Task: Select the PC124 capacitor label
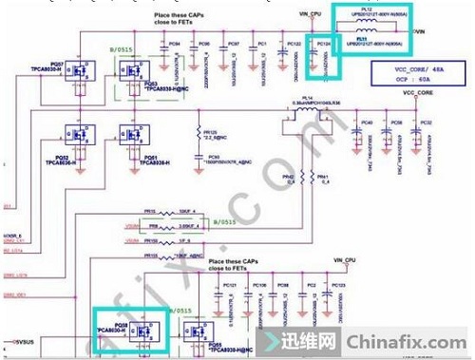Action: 322,45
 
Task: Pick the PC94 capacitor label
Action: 174,44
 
